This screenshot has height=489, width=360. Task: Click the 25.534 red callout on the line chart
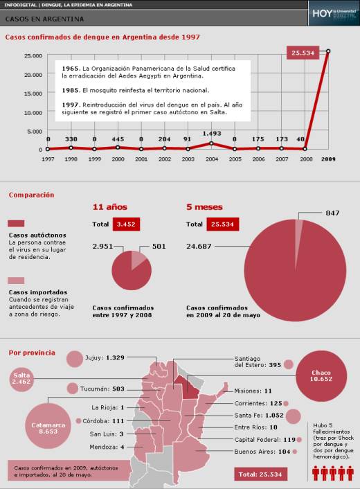[304, 53]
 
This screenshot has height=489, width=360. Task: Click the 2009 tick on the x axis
[328, 159]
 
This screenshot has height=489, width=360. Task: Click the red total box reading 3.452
[127, 224]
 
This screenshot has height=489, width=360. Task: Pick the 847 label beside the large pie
[332, 213]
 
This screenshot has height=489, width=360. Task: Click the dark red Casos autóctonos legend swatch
[17, 224]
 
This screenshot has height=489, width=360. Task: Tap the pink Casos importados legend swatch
[17, 281]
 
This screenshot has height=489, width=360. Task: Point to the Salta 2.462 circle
[22, 378]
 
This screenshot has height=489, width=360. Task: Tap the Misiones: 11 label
[253, 391]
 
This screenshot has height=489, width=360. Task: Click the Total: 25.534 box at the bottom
[261, 474]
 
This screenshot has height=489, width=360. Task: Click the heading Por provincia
[32, 353]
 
